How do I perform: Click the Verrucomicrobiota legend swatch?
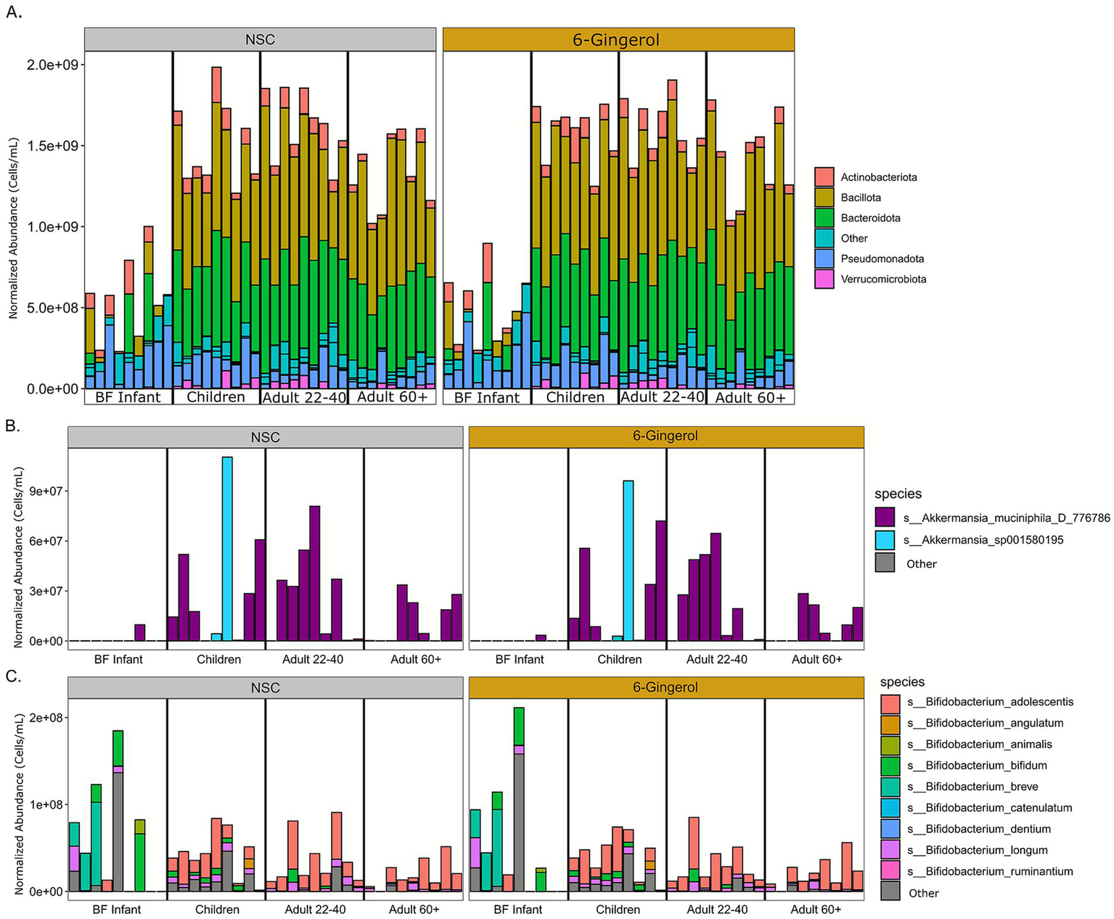tap(824, 279)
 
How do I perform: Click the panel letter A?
tap(14, 13)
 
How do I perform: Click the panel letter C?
tap(13, 676)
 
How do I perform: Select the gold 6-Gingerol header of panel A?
tap(618, 40)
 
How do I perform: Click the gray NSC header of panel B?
tap(265, 437)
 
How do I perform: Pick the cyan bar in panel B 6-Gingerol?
tap(628, 560)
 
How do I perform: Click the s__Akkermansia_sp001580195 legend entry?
tap(983, 540)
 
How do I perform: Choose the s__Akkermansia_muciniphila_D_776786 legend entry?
tap(1006, 518)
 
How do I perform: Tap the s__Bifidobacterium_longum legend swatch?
tap(890, 850)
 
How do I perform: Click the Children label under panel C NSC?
tap(217, 910)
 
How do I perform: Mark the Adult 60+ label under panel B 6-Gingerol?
tap(816, 659)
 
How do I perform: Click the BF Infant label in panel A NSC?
tap(128, 397)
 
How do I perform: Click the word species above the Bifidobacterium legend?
tap(902, 682)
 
